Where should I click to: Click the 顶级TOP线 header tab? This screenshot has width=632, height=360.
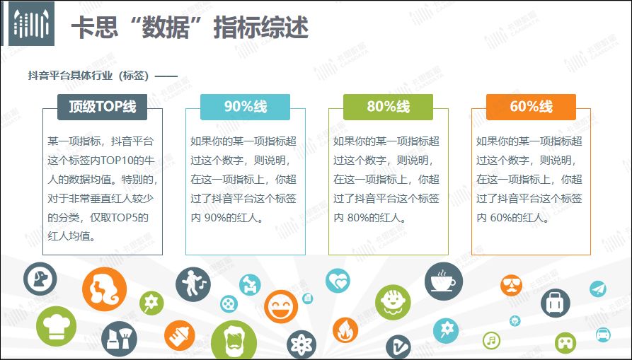[103, 107]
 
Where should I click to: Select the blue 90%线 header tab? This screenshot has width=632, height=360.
[245, 107]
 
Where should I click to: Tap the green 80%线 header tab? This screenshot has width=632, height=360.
[388, 107]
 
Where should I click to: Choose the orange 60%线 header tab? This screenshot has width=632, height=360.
[531, 107]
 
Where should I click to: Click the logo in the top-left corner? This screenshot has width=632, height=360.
[31, 24]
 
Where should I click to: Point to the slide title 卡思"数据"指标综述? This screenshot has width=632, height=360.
[190, 28]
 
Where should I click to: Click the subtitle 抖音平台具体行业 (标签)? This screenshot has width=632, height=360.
[88, 75]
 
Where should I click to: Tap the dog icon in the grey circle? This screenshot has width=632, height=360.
[40, 279]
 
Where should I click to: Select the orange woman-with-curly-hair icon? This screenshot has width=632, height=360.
[105, 289]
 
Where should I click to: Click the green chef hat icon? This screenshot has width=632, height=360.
[56, 326]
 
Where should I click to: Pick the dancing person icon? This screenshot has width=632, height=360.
[193, 284]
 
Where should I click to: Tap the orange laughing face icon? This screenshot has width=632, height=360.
[281, 307]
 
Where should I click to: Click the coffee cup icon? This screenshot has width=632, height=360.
[444, 281]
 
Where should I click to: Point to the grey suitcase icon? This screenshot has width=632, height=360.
[556, 303]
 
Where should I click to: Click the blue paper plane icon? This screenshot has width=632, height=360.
[598, 289]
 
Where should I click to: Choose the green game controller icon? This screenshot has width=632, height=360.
[565, 343]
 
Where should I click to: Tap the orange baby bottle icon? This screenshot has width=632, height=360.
[179, 336]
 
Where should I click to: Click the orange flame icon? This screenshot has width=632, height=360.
[345, 330]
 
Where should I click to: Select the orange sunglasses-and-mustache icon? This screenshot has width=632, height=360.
[512, 286]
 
